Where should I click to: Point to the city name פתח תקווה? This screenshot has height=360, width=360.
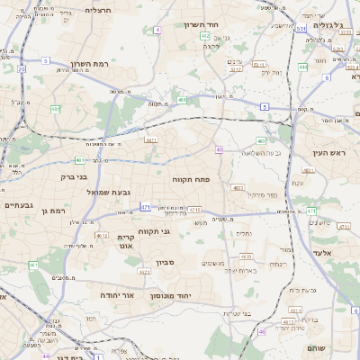(191, 180)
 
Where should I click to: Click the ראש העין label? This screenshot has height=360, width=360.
(328, 153)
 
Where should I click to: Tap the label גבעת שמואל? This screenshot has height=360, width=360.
(87, 192)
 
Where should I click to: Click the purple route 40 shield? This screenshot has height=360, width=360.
(220, 149)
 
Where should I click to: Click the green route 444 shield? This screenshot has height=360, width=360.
(303, 66)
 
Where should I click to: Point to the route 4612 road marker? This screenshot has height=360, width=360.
(103, 235)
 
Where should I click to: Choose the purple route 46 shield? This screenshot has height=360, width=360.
(262, 332)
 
